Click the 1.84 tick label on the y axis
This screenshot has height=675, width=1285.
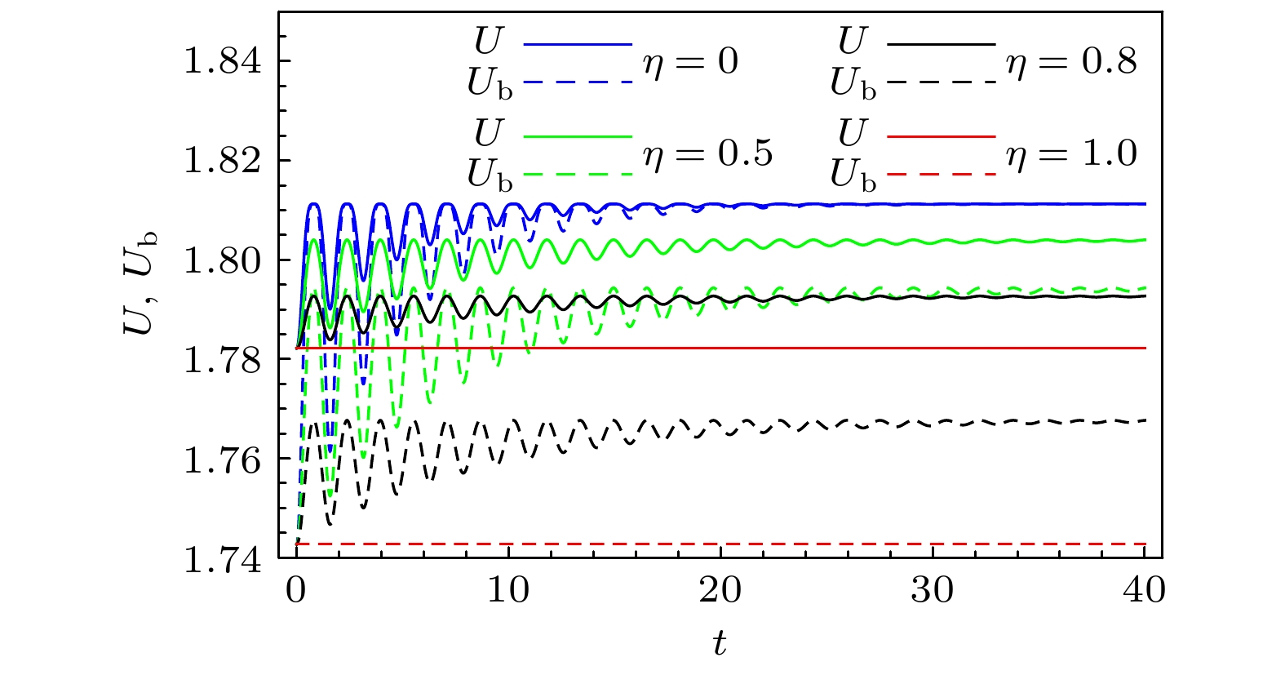[223, 61]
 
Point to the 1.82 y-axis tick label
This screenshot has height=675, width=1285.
[223, 161]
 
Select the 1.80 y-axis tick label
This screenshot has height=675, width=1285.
[223, 260]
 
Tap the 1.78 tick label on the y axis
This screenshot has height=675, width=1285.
[223, 360]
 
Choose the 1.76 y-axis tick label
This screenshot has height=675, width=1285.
[223, 460]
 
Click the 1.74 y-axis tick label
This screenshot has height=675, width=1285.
[223, 561]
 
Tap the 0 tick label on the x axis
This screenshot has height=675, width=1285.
[296, 589]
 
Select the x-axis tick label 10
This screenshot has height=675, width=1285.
[508, 589]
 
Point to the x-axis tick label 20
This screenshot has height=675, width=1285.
[720, 589]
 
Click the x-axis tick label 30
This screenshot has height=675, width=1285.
[933, 589]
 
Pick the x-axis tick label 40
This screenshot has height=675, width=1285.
[1145, 589]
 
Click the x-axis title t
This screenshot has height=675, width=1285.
[719, 644]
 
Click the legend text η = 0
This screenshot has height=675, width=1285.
[690, 62]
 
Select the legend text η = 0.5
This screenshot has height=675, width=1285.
[707, 153]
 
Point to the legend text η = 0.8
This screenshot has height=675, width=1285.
[1071, 62]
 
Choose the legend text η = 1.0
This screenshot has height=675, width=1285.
[1071, 153]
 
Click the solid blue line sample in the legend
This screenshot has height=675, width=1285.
[578, 43]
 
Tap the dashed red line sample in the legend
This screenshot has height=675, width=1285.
[941, 175]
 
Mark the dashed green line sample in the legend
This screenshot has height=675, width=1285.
[578, 175]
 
